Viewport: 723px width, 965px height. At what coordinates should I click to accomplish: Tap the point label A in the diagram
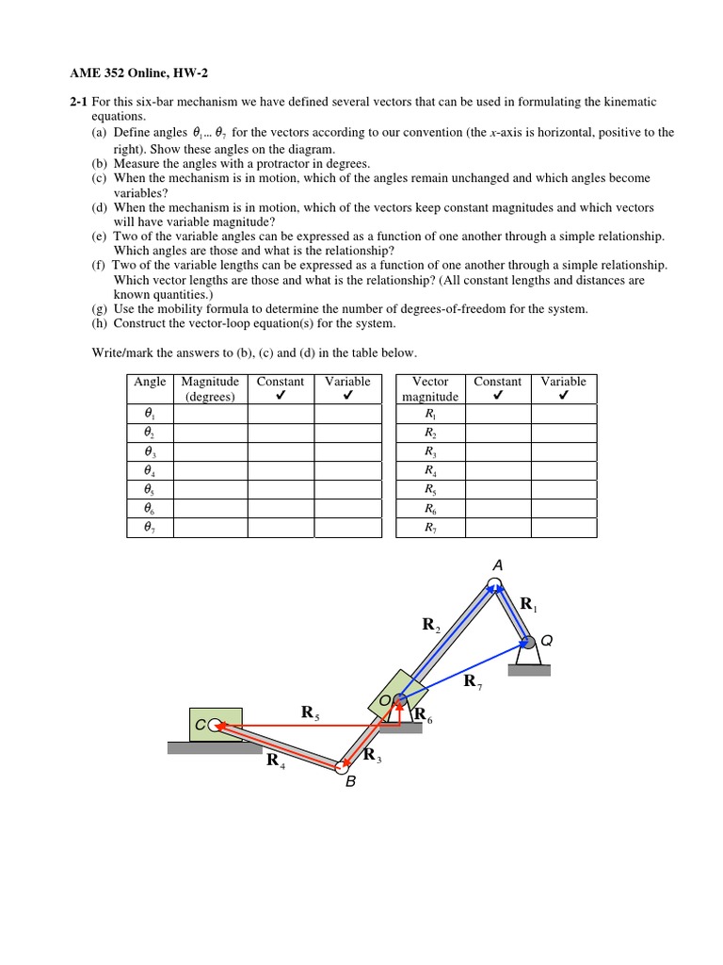[498, 564]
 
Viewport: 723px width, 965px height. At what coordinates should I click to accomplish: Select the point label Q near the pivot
[547, 641]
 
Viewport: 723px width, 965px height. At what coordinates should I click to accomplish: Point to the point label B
[350, 781]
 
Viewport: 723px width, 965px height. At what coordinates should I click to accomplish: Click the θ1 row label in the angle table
[150, 415]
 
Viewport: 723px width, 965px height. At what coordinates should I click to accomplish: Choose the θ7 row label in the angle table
[150, 528]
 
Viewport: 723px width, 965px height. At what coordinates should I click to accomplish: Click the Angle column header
[150, 382]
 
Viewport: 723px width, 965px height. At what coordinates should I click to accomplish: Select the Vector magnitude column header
[430, 388]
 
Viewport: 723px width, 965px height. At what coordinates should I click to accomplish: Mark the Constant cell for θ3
[281, 452]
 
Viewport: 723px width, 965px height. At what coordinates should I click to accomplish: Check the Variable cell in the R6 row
[563, 509]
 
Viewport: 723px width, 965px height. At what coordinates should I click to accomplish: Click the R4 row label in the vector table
[430, 471]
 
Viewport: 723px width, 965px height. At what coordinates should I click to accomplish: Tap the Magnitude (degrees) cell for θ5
[210, 490]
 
